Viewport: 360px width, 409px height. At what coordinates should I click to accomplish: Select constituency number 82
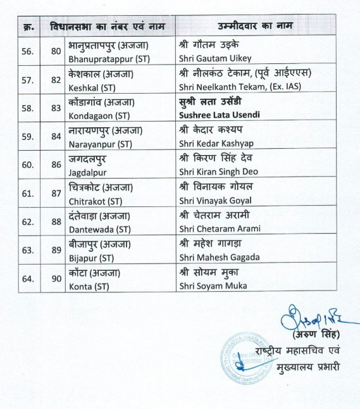[55, 80]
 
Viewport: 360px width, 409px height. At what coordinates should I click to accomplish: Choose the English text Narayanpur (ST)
[100, 143]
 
